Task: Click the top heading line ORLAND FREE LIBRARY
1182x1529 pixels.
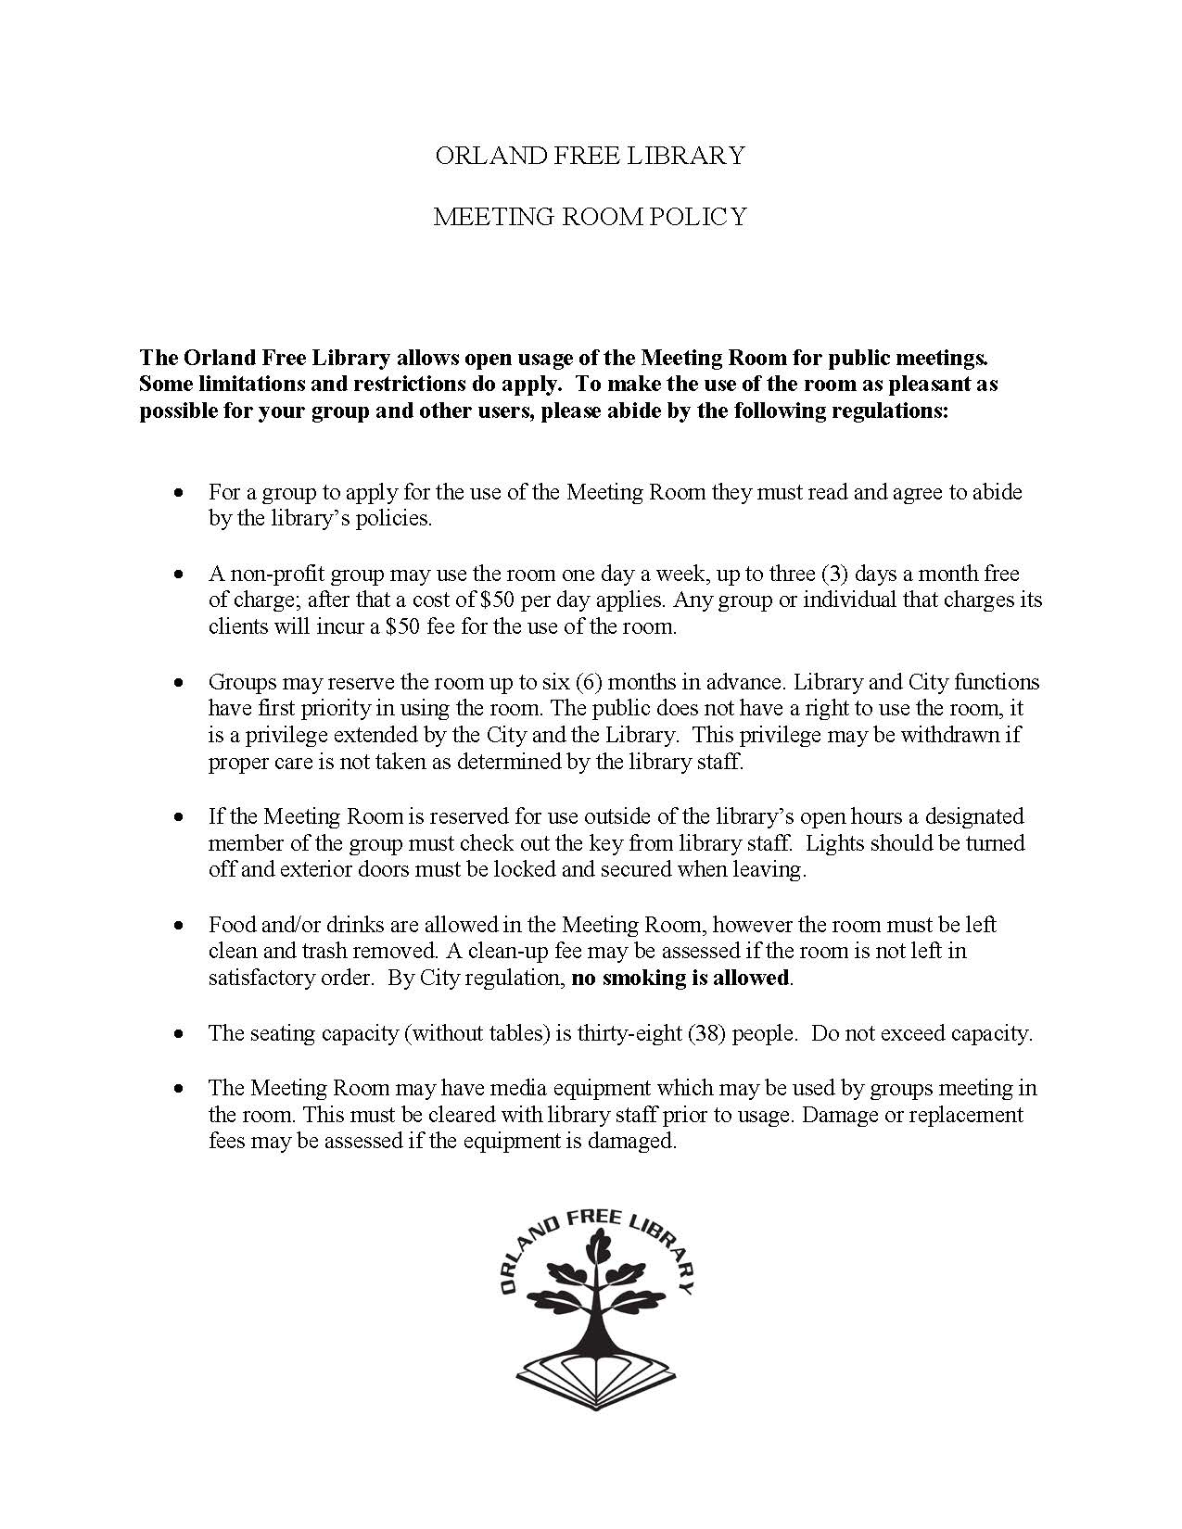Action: (591, 155)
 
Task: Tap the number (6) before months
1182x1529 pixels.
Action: (589, 682)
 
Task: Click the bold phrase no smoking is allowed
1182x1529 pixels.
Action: (680, 978)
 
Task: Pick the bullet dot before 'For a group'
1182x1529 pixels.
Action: (179, 492)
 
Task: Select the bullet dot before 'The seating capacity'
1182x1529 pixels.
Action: (179, 1033)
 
